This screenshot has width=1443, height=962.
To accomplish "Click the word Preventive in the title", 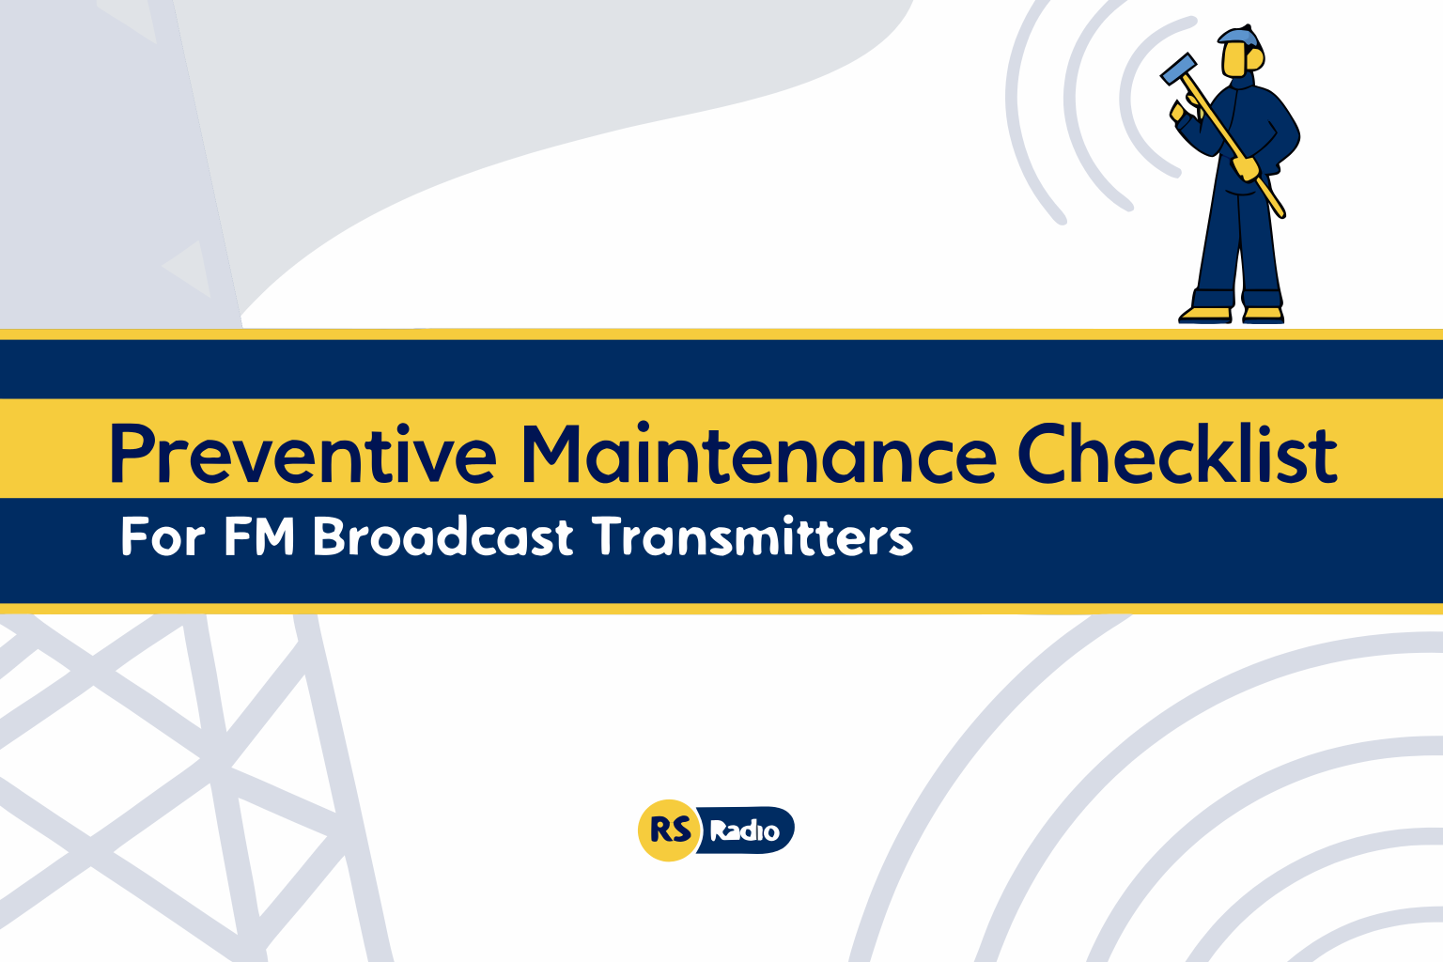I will tap(303, 454).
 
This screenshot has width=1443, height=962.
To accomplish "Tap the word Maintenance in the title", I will tap(758, 454).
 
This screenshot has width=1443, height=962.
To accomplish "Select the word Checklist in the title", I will tap(1177, 454).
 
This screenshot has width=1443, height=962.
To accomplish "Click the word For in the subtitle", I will tap(163, 537).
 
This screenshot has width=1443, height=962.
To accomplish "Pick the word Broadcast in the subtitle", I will tap(442, 537).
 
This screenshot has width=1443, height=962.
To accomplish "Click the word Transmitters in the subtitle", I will tap(752, 537).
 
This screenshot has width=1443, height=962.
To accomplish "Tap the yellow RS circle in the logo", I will tap(669, 830).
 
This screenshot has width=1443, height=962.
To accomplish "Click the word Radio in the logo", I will tap(744, 831).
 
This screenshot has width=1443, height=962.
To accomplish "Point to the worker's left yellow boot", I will tap(1205, 314).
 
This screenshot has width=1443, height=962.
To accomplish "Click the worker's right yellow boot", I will tap(1263, 314).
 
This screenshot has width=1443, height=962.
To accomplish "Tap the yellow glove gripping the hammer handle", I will tap(1246, 168).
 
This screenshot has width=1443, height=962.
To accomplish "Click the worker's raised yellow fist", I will tap(1178, 111).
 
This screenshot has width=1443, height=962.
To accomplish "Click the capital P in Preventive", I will tap(132, 454).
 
